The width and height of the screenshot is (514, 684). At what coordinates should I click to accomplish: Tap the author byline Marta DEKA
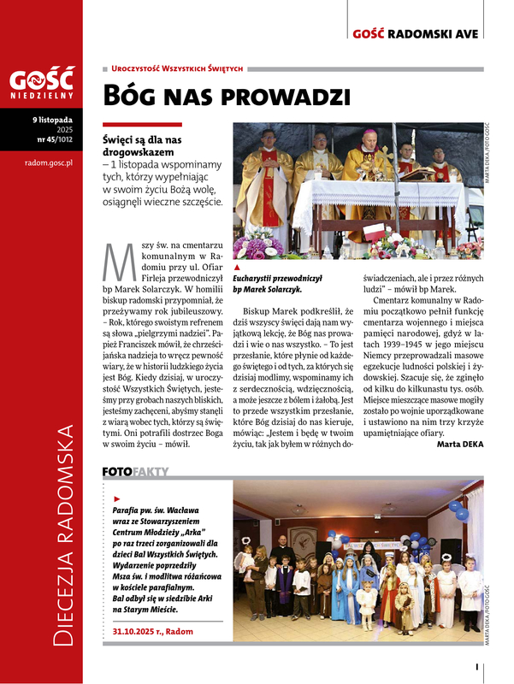pyautogui.click(x=459, y=445)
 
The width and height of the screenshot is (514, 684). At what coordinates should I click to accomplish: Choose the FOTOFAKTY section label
pyautogui.click(x=136, y=471)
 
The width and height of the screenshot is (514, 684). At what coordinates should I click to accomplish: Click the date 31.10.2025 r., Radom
pyautogui.click(x=153, y=631)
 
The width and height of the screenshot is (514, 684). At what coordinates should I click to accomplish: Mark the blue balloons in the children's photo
pyautogui.click(x=458, y=510)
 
